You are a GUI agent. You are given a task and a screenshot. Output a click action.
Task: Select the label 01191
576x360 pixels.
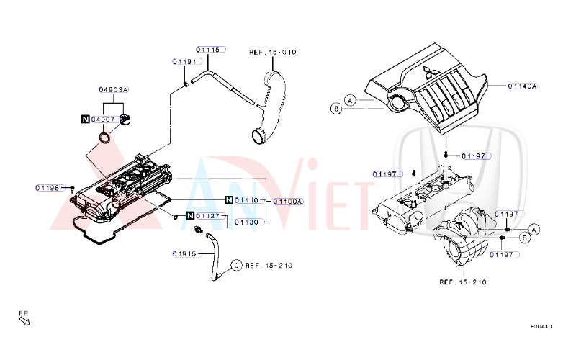point(184,62)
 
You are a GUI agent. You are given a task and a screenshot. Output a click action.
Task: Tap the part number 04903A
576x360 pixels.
point(113,90)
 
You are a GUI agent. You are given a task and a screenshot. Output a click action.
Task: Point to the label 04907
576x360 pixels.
point(103,119)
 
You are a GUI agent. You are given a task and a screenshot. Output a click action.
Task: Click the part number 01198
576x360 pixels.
point(48,188)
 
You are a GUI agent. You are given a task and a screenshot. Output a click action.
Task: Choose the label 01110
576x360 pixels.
point(246,200)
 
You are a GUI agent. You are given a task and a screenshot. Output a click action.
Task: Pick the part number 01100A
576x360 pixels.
point(288,202)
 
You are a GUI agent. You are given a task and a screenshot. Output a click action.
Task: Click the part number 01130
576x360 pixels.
point(246,222)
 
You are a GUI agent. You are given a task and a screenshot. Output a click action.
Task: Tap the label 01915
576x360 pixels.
point(184,253)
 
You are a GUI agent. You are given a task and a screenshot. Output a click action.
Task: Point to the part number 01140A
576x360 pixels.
point(522,86)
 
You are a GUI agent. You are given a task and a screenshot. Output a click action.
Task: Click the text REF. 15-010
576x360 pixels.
point(272,53)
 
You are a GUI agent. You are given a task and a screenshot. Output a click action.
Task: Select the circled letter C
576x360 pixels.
point(235,266)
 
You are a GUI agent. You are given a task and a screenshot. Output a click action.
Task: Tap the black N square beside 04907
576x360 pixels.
point(85,119)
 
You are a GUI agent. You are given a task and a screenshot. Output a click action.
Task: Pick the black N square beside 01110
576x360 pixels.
point(228,200)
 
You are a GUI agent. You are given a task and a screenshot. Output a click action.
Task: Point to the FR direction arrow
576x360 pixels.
point(24,319)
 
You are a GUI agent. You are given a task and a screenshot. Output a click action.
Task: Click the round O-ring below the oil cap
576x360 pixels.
point(105,137)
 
